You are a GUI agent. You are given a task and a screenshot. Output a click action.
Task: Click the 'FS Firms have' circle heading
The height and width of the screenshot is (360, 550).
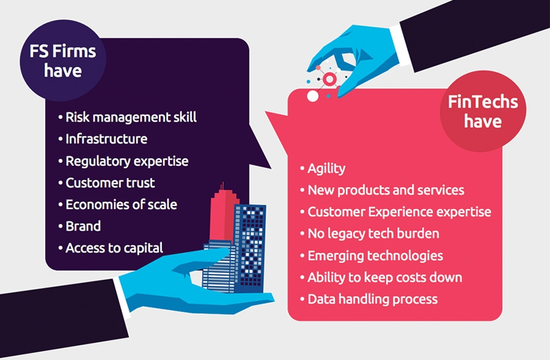coord(63,61)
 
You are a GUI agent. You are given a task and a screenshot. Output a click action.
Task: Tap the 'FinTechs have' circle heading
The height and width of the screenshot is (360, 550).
coord(483,111)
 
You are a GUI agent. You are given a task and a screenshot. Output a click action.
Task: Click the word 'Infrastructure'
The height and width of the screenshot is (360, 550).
coord(106,139)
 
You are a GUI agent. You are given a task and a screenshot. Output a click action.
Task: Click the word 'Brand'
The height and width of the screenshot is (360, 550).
coord(83,226)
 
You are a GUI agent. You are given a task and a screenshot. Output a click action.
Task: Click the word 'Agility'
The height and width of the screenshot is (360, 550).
coord(326,169)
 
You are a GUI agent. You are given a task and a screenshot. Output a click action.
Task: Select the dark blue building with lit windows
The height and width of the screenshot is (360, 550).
coord(250,248)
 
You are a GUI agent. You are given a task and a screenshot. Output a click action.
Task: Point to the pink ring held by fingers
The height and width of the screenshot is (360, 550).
coord(330,79)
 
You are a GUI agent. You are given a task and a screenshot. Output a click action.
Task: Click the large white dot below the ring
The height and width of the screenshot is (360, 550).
coord(312,96)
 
